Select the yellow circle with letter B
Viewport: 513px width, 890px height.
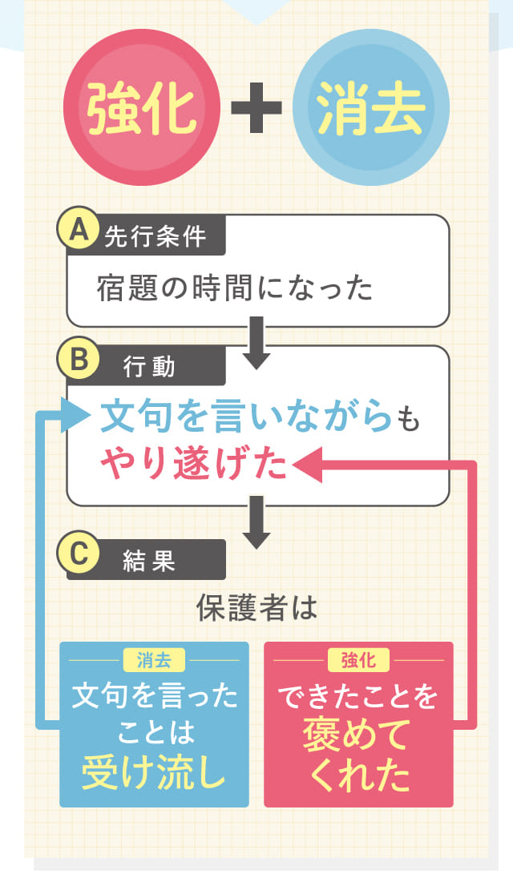click(x=79, y=360)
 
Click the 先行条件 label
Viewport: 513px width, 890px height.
click(x=155, y=238)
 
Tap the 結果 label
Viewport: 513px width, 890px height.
click(x=149, y=561)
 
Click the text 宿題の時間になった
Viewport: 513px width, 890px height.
click(x=235, y=288)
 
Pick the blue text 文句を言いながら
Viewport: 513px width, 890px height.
click(x=247, y=417)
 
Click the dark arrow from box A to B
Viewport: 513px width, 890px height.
click(x=256, y=341)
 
